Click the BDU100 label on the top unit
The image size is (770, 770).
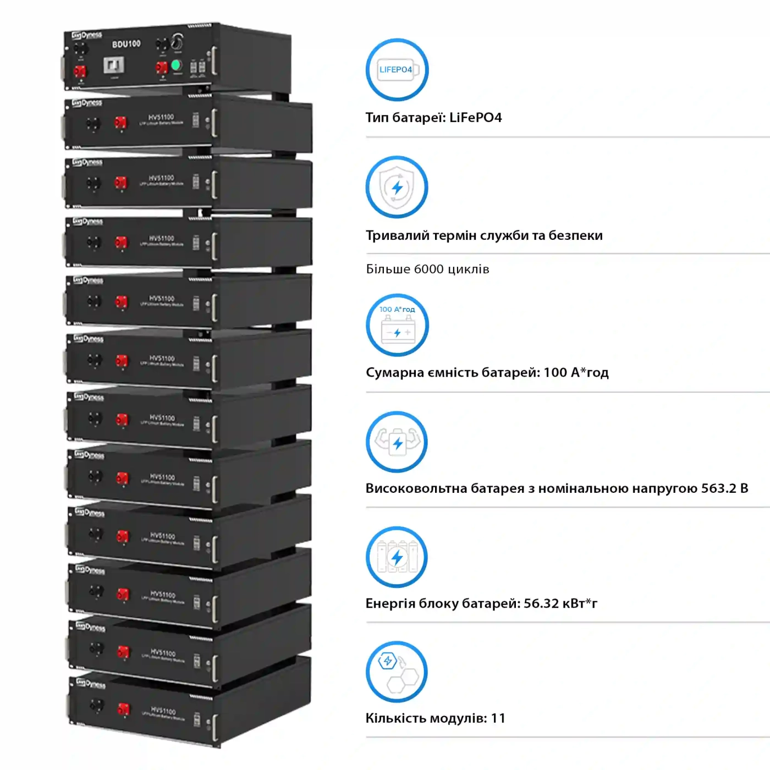[x=126, y=44]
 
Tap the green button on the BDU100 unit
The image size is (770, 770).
[x=177, y=65]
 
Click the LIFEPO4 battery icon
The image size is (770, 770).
[x=397, y=70]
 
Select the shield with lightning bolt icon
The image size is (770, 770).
[x=397, y=187]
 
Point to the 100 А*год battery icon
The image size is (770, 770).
[x=397, y=325]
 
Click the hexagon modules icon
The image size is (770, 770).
[x=397, y=672]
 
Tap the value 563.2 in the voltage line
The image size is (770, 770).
[x=718, y=488]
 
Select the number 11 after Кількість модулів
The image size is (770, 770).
[x=498, y=718]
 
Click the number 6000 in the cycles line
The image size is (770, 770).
[x=428, y=269]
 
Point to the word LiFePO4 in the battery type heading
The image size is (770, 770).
[x=475, y=118]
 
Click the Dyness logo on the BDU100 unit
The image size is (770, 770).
[x=87, y=36]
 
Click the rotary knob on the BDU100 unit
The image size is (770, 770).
[x=177, y=41]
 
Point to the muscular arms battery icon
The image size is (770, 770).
[x=397, y=442]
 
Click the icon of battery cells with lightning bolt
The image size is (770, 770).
[x=397, y=557]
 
